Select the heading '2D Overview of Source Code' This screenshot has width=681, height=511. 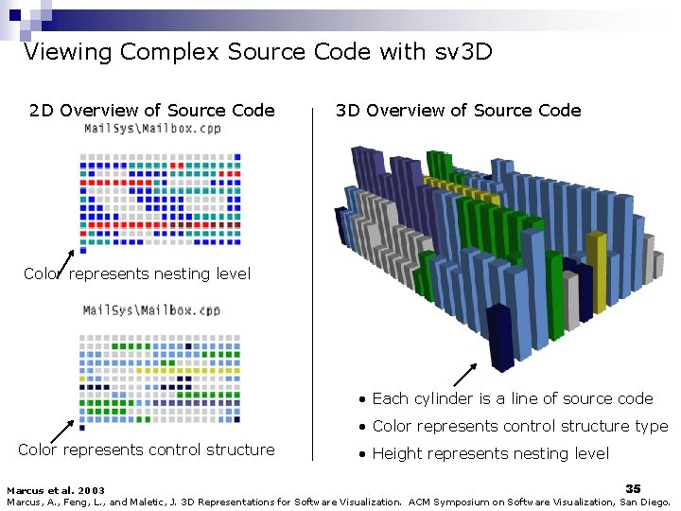coord(152,111)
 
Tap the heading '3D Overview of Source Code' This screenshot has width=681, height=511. coord(459,111)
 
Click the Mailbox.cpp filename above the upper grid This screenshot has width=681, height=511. coord(152,129)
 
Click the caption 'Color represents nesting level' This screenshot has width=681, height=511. coord(137,273)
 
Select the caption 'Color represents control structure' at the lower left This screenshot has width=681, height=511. coord(147,449)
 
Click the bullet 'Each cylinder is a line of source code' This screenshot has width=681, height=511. coord(512,398)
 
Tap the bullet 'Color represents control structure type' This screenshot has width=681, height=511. coord(519,426)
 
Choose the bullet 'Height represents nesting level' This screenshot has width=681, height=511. coord(490,453)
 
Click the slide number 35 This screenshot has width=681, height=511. coord(633,487)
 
